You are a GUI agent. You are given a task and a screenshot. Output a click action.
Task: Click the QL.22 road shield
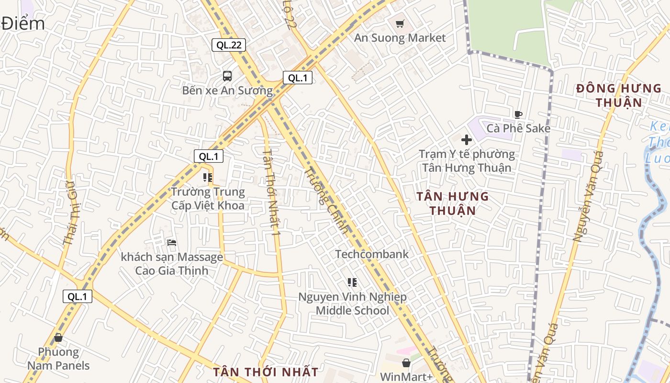(229, 45)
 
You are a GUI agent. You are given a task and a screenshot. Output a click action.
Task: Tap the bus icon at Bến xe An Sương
(227, 76)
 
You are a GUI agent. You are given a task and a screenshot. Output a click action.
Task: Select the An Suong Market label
(400, 38)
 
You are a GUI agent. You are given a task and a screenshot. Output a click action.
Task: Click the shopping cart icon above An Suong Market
(400, 23)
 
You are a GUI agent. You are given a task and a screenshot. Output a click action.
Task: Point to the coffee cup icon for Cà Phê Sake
(518, 114)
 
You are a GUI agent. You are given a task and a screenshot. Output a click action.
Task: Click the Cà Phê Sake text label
(518, 128)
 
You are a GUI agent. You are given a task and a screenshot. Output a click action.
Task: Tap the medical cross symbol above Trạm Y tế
(466, 140)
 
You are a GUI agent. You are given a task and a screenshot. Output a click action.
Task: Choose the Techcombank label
(372, 254)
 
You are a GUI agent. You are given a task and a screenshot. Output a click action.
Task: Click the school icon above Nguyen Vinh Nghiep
(352, 282)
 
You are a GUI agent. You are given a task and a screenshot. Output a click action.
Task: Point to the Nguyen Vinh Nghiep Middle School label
(352, 304)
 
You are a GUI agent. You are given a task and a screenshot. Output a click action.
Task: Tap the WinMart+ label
(406, 377)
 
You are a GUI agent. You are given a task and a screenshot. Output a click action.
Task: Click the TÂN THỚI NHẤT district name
(266, 372)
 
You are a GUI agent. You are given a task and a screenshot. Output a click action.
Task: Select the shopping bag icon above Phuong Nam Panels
(58, 338)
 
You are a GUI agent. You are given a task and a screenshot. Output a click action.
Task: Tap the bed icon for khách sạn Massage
(172, 243)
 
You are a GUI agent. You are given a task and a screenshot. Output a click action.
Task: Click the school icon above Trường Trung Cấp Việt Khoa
(208, 178)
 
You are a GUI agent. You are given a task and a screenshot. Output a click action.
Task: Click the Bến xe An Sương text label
(227, 90)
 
